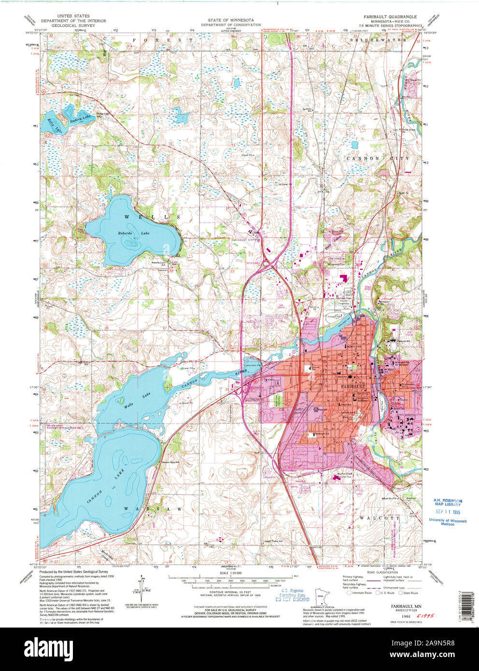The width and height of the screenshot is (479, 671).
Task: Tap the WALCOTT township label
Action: pyautogui.click(x=379, y=517)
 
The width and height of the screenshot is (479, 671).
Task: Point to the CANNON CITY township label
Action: pyautogui.click(x=377, y=158)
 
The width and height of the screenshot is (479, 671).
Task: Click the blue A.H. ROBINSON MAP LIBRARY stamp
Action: pyautogui.click(x=447, y=503)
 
